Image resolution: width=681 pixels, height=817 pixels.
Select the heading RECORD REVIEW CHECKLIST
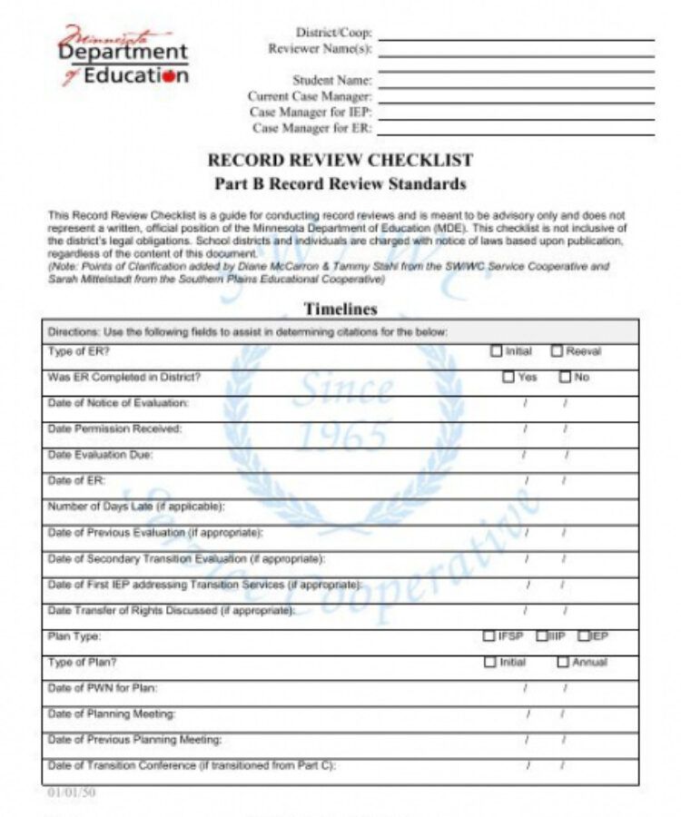tap(340, 161)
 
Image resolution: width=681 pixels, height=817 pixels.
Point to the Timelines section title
tap(340, 309)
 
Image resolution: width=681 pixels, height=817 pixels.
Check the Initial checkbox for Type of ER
tap(496, 351)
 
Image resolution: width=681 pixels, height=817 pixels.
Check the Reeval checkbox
tap(557, 351)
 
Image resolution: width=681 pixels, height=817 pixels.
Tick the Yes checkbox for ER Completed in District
tap(508, 377)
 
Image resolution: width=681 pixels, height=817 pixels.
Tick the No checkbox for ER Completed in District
tap(565, 377)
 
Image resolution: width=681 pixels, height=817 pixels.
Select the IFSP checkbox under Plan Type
tap(489, 636)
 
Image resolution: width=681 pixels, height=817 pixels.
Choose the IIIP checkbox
tap(542, 636)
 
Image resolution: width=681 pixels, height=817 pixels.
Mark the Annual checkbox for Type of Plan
tap(563, 663)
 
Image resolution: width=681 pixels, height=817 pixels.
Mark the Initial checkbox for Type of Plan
tap(490, 663)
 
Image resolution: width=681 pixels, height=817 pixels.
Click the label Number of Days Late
tap(135, 507)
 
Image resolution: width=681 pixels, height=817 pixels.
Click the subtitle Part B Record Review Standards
tap(340, 184)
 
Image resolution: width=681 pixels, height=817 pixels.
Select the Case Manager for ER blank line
tap(516, 131)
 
